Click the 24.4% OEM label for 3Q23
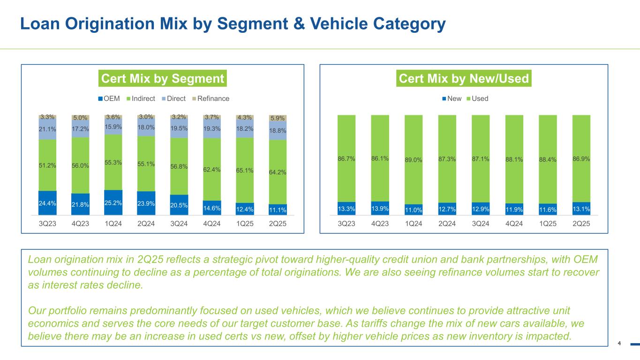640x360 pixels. [x=47, y=204]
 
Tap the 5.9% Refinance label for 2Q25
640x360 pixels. [x=278, y=119]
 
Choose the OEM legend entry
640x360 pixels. [x=109, y=98]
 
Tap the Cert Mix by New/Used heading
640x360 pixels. [x=464, y=78]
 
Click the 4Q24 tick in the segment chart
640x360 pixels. [x=211, y=224]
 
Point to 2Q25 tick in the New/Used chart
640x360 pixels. [x=581, y=224]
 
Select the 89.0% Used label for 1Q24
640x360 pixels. [x=414, y=160]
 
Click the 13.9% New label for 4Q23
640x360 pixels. [x=380, y=208]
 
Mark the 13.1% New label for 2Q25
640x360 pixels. [x=581, y=208]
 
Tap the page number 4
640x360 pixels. [x=619, y=344]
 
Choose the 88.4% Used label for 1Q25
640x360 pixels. [x=548, y=159]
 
